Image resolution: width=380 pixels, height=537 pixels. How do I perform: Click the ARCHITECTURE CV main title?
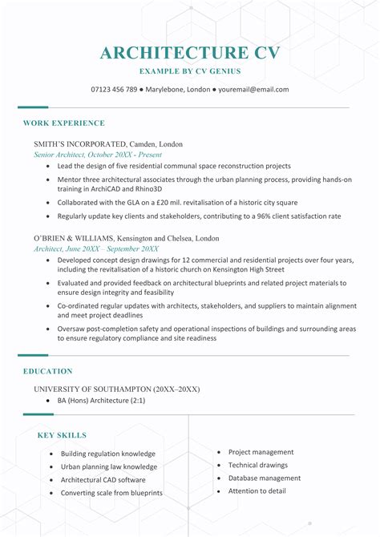coord(190,53)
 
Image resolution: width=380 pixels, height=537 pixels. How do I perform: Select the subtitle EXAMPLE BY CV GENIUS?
coord(190,72)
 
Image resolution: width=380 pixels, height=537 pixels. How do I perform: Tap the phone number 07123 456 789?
coord(114,90)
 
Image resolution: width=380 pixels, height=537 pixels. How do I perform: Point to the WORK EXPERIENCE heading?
coord(64,123)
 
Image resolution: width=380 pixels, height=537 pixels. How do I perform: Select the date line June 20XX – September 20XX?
coord(113,249)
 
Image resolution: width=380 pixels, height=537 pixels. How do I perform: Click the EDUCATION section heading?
coord(47,371)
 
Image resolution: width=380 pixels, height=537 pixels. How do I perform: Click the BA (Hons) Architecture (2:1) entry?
coord(101,400)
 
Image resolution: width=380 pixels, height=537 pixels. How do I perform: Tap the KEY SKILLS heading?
coord(62,435)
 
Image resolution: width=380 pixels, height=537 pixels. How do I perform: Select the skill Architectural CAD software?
coord(103,479)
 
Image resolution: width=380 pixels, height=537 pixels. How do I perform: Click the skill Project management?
coord(261,452)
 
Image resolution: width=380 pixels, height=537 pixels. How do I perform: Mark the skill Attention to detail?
coord(257,491)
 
